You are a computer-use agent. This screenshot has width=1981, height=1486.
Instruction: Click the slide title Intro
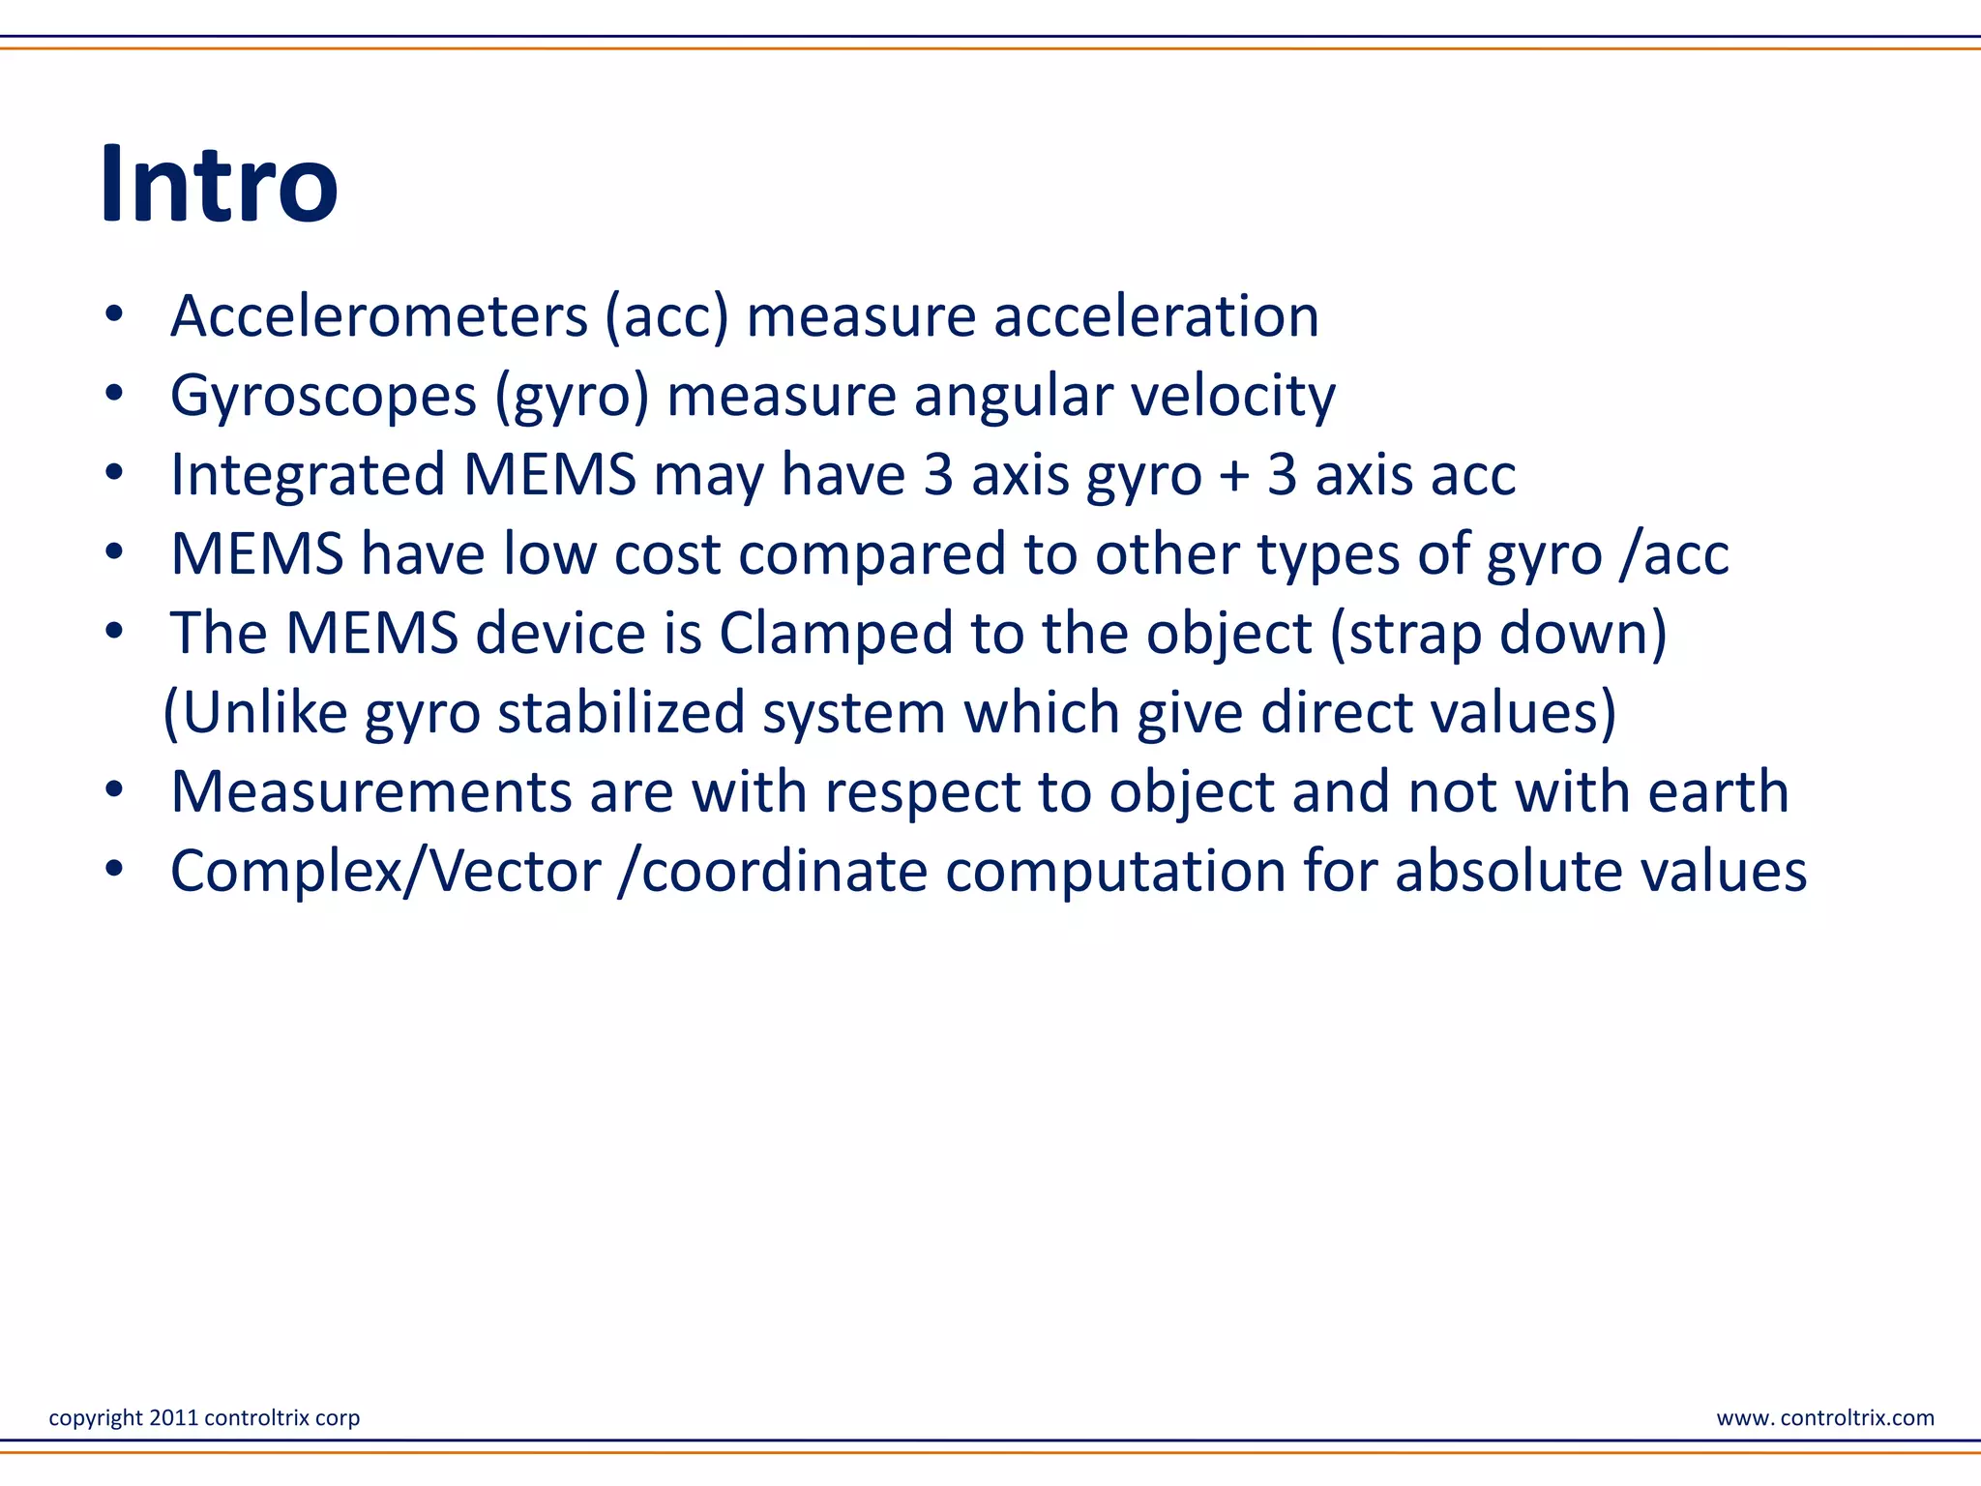220,184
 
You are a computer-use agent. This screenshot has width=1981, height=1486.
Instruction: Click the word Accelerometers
378,316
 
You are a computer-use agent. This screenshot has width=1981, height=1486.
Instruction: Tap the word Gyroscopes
323,396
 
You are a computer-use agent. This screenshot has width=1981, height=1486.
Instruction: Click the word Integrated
308,475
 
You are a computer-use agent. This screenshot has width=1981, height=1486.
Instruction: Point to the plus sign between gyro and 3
1234,477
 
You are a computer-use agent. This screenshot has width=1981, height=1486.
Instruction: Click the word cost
667,554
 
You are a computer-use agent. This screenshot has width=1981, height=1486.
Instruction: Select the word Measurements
370,792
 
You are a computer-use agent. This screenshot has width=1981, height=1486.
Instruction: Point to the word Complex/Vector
386,872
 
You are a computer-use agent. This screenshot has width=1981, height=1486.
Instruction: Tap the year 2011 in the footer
173,1417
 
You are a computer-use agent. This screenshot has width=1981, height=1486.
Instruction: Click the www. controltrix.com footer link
1824,1418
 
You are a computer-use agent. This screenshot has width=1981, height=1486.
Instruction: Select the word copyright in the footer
96,1418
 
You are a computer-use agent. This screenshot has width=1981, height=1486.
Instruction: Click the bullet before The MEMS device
115,632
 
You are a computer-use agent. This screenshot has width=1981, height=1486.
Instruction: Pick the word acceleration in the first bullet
1156,316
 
